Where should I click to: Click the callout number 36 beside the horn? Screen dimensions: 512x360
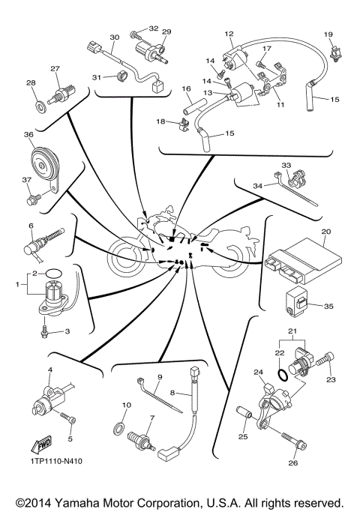[28, 135]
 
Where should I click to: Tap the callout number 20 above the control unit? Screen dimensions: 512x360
[325, 232]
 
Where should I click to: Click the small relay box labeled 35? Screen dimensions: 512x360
[298, 302]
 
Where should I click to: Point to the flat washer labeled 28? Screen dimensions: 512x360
[37, 101]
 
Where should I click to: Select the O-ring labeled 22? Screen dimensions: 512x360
[281, 371]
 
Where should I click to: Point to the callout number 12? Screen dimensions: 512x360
[229, 34]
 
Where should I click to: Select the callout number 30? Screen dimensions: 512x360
[115, 37]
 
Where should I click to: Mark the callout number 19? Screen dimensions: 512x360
[327, 34]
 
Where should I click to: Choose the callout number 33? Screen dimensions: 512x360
[286, 165]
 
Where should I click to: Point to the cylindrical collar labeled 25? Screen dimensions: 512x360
[243, 413]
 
